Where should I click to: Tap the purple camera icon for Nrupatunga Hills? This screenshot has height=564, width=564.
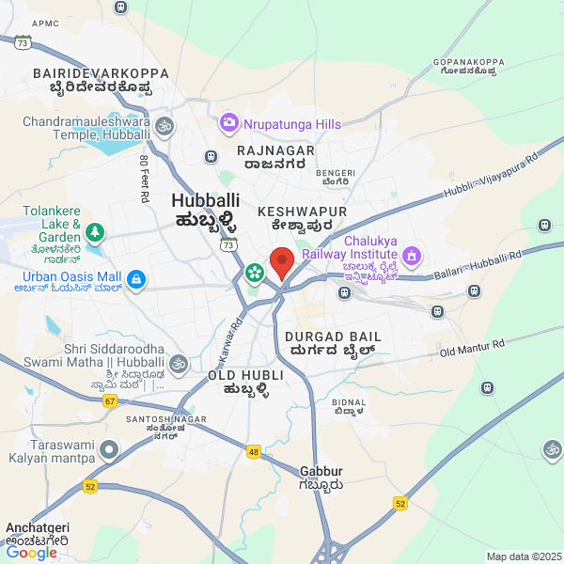[x=228, y=123]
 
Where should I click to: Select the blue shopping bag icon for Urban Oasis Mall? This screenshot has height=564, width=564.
[x=137, y=279]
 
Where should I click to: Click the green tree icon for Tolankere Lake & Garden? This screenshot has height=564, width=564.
[x=94, y=231]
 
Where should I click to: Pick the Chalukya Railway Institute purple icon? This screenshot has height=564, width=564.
[x=411, y=255]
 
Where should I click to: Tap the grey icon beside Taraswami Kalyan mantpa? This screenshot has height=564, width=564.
[x=110, y=449]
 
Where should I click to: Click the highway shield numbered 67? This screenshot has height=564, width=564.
[x=110, y=401]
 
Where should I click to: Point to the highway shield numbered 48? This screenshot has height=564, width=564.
[x=254, y=451]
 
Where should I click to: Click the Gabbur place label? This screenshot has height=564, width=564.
[x=321, y=471]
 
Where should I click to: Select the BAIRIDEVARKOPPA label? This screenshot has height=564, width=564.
[x=101, y=72]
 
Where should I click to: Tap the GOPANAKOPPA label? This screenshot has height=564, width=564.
[x=469, y=62]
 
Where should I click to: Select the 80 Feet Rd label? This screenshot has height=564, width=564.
[x=145, y=179]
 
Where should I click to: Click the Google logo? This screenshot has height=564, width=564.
[x=31, y=553]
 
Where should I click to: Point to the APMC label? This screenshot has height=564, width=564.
[x=45, y=23]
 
